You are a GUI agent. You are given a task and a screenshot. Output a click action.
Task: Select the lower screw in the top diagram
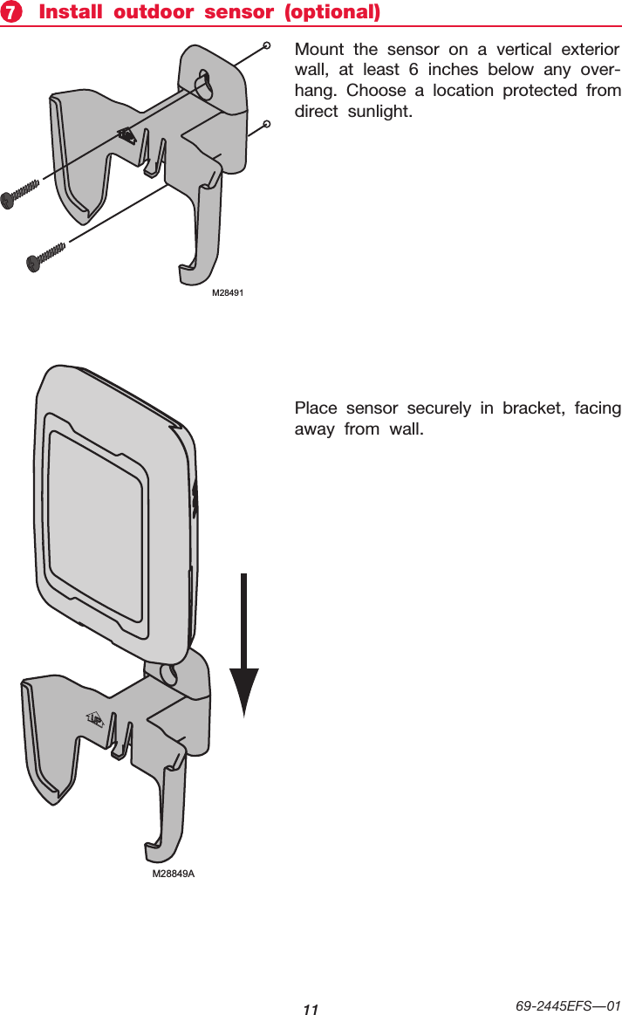click(x=48, y=256)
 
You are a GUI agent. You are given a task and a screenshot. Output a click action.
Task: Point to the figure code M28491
click(x=228, y=293)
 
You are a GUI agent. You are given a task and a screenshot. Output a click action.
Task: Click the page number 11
click(x=311, y=1009)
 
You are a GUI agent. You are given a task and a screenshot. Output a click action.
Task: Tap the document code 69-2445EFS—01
click(x=568, y=1005)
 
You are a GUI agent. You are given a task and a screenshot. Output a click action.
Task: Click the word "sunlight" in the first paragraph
click(x=376, y=113)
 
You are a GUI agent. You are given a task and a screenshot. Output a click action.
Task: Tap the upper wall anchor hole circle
click(x=266, y=43)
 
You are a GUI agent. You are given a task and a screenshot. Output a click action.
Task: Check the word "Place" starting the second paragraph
click(x=316, y=408)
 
